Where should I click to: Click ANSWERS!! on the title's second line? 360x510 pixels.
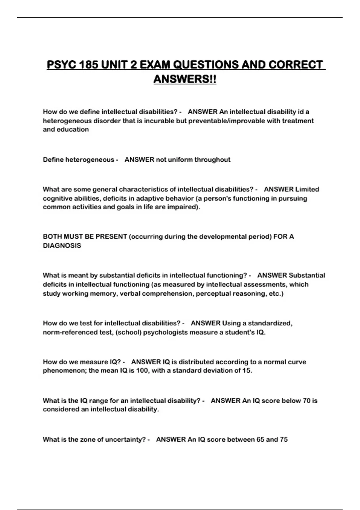[x=184, y=79]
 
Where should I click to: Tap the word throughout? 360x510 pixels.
[x=212, y=160]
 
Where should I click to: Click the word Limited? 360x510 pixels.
[x=307, y=189]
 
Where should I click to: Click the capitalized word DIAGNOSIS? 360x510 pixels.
[x=62, y=246]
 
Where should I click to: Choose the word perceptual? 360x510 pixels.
[x=213, y=293]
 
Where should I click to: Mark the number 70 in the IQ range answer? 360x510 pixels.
[x=307, y=401]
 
